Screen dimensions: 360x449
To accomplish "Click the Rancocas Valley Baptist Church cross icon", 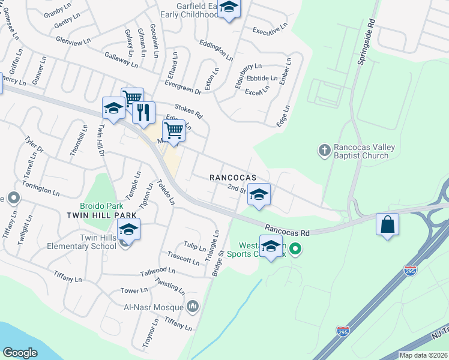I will [x=325, y=149].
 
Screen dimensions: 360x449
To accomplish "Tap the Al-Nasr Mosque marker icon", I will [x=193, y=307].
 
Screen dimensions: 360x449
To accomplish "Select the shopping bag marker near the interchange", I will [x=388, y=224].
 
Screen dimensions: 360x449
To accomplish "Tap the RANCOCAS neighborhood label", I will [x=232, y=178].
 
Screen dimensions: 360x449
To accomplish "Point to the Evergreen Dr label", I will [x=183, y=88].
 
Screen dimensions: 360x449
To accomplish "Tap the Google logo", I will [x=20, y=353].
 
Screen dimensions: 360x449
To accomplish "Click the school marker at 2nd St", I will [x=259, y=194].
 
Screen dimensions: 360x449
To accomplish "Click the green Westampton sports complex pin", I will [x=295, y=248].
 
